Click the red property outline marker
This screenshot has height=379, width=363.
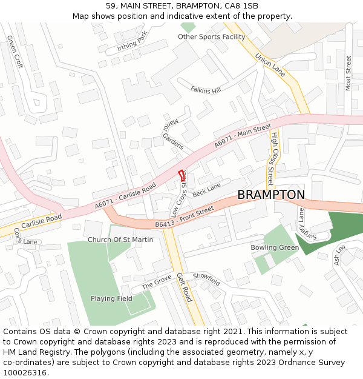[181, 175]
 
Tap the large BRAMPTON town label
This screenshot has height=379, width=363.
[271, 195]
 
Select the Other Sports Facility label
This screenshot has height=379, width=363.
[211, 37]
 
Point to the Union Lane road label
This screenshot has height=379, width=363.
[270, 64]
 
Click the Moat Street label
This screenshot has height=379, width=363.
[348, 73]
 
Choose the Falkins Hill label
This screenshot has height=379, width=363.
[206, 90]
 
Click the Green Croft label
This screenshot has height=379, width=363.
[15, 52]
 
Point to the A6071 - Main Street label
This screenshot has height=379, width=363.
[243, 137]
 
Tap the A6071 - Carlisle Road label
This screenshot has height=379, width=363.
[125, 196]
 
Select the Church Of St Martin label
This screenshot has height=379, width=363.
[120, 240]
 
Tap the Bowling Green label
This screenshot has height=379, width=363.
[275, 247]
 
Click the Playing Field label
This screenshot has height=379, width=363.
[111, 298]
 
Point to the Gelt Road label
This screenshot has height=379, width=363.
[185, 287]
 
